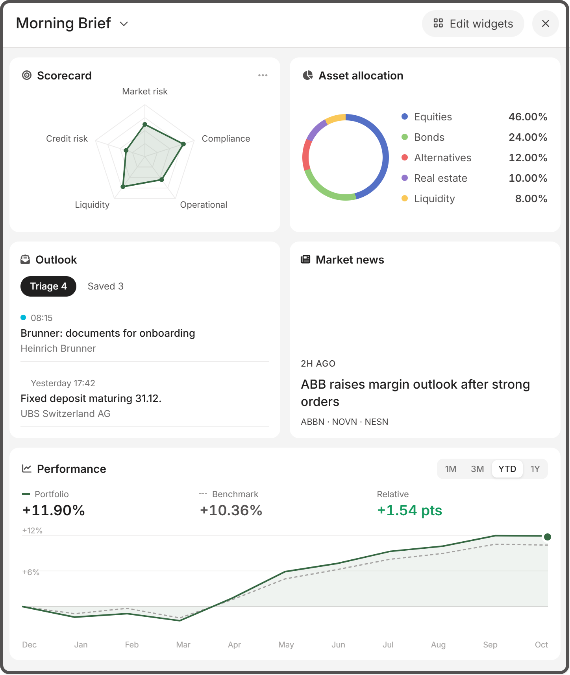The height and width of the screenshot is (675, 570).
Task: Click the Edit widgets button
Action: (473, 24)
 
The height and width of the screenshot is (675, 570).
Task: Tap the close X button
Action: (545, 24)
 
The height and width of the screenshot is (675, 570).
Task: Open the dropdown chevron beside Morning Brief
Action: (124, 24)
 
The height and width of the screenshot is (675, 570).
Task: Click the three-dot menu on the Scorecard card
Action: (263, 75)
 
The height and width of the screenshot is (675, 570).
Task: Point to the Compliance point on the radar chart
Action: (183, 144)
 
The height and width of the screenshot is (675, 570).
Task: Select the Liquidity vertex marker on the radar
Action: (123, 186)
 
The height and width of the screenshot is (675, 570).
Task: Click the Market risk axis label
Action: (145, 91)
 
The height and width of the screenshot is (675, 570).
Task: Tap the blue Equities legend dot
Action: (405, 116)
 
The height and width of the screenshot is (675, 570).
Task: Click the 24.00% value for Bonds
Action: (528, 137)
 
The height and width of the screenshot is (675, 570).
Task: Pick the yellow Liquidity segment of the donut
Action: (335, 118)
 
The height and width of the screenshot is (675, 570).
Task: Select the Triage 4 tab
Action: (48, 286)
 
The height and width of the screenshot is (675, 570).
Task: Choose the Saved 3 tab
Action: (105, 286)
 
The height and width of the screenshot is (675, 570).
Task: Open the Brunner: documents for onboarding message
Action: (108, 333)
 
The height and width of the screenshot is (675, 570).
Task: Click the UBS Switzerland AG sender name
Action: (66, 414)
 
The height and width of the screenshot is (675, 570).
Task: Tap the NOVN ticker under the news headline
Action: (344, 422)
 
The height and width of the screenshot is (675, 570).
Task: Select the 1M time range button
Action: (451, 469)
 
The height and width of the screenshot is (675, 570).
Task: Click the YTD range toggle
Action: (507, 469)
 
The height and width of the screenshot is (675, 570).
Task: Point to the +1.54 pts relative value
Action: (409, 510)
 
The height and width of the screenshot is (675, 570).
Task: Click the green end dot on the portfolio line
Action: (548, 537)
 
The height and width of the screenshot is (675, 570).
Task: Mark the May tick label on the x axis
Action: (286, 645)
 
